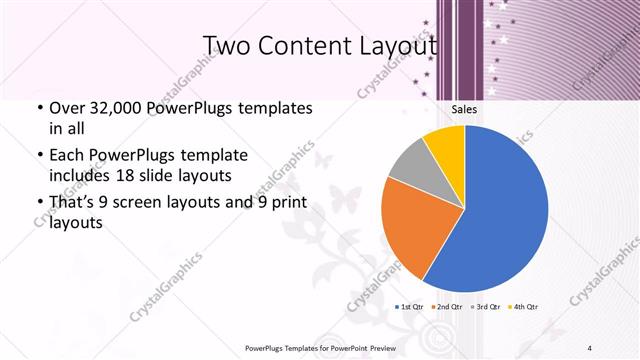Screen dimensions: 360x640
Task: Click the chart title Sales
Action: [463, 110]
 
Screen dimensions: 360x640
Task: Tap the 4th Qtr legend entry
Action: [524, 306]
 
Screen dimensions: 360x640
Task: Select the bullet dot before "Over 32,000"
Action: [38, 107]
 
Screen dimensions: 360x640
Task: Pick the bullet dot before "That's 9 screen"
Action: [38, 203]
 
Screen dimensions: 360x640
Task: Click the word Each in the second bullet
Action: [67, 156]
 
